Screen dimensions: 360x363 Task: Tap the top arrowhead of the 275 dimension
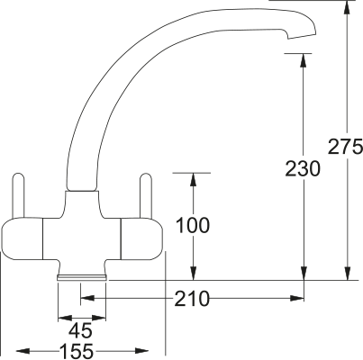[x=347, y=8]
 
